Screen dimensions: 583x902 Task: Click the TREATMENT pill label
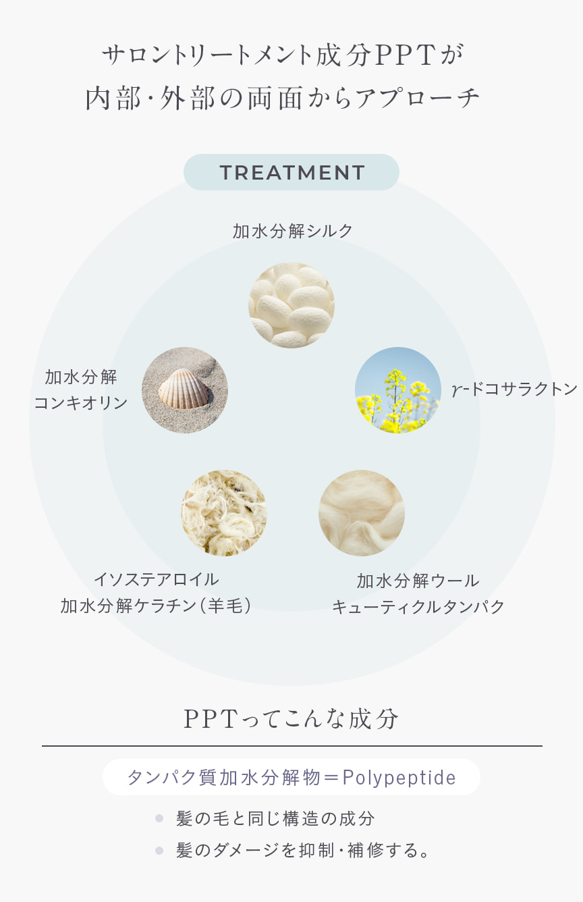291,172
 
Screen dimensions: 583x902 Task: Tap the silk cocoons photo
291,304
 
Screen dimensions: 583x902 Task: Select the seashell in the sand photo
185,390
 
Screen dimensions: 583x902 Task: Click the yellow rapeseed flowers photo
397,390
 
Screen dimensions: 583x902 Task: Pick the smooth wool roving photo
361,512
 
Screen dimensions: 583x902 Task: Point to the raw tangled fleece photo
224,512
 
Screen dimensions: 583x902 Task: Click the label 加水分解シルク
292,232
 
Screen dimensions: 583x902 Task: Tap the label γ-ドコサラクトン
514,390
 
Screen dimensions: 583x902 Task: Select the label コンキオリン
81,403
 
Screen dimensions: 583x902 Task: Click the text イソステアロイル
156,580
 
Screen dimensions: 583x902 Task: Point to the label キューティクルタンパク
418,606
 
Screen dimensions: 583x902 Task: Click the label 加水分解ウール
418,581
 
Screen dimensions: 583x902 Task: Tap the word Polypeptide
399,777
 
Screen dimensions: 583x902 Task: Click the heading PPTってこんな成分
291,719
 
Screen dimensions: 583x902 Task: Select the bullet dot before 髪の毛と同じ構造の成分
159,818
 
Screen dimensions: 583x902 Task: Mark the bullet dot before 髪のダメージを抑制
159,851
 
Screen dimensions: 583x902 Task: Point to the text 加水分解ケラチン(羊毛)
156,606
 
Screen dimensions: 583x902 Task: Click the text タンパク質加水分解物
223,777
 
